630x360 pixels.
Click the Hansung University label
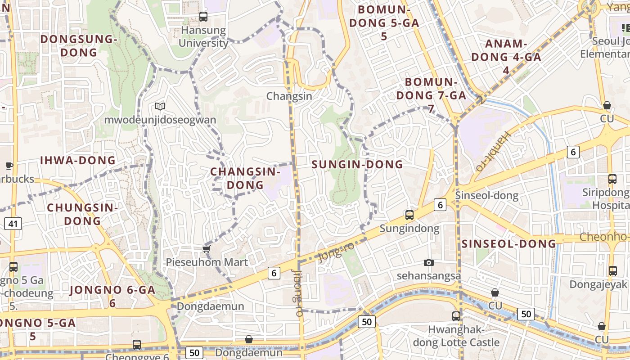click(x=203, y=37)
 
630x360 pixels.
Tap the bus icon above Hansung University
click(x=203, y=17)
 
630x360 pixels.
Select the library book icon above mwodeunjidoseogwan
click(x=160, y=106)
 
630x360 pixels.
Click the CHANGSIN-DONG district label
click(x=245, y=178)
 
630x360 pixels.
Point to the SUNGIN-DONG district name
click(x=357, y=165)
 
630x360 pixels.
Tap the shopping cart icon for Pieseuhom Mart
click(x=206, y=249)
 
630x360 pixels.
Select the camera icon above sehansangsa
click(x=429, y=262)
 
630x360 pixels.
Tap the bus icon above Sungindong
click(x=409, y=215)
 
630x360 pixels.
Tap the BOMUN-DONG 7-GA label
click(x=431, y=95)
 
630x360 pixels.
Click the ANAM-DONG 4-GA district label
click(x=506, y=57)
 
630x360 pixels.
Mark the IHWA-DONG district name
click(x=78, y=161)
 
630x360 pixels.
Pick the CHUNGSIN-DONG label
click(x=82, y=214)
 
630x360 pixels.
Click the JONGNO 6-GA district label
click(x=112, y=296)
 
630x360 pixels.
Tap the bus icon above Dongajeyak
click(x=612, y=271)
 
